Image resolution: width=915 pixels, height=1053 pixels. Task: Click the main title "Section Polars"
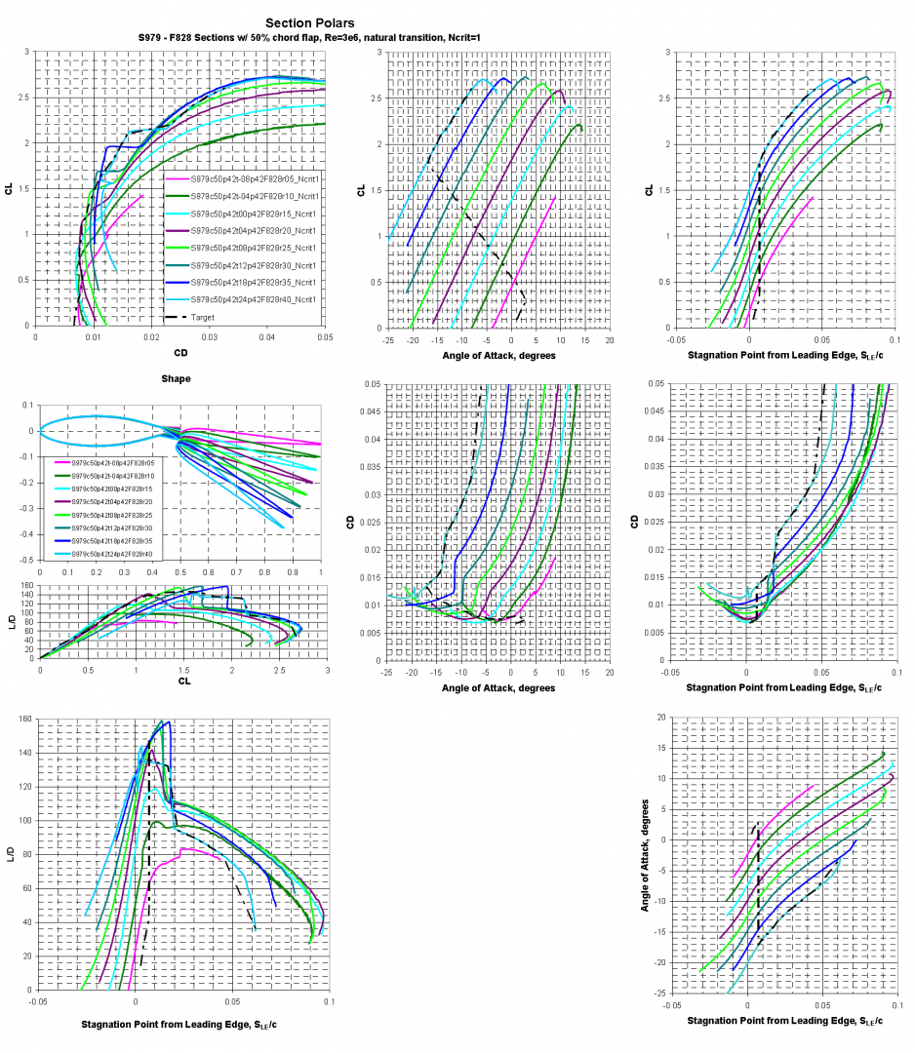click(x=309, y=22)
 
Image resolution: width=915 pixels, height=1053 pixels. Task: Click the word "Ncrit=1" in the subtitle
click(x=462, y=38)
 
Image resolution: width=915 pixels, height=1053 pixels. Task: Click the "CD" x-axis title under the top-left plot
click(x=179, y=353)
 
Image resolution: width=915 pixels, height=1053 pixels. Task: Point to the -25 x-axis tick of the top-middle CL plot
click(x=388, y=340)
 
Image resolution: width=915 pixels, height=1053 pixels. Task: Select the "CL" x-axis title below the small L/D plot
click(x=183, y=680)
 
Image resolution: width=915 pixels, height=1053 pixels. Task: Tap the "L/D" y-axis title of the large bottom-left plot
click(x=10, y=854)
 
